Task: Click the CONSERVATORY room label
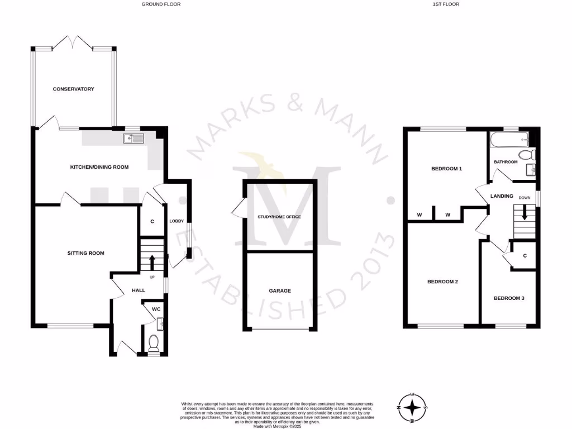coord(73,89)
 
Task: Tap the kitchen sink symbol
coord(134,138)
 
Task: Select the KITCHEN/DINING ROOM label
coord(99,167)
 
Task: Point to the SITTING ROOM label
coord(86,253)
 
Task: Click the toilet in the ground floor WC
coord(154,342)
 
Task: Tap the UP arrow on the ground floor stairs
coord(151,260)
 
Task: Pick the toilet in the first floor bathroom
coord(526,155)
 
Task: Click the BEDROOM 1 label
coord(446,168)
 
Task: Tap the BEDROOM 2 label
coord(442,282)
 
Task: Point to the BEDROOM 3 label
coord(509,298)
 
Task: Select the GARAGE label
coord(280,290)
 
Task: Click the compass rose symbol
coord(412,406)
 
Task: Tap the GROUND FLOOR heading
coord(161,4)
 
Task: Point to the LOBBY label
coord(177,221)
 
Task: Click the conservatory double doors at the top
coord(73,42)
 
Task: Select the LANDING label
coord(502,196)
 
